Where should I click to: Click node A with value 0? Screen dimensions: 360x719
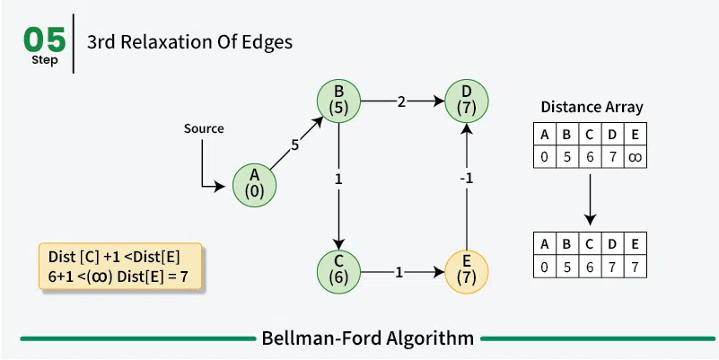click(x=255, y=184)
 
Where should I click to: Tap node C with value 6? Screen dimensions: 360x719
click(x=339, y=271)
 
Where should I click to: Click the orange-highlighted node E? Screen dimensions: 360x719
click(x=466, y=271)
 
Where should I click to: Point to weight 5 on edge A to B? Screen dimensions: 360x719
click(x=294, y=144)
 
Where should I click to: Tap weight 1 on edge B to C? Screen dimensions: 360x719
click(x=338, y=179)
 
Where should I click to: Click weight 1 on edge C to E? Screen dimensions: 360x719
click(x=399, y=271)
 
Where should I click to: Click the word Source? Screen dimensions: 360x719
click(x=204, y=128)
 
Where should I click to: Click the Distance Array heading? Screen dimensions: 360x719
click(x=592, y=107)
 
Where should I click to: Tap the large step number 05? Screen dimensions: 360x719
click(x=45, y=39)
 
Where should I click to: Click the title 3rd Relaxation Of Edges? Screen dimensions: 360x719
click(x=189, y=42)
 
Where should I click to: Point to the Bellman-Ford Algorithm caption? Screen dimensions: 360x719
click(x=367, y=338)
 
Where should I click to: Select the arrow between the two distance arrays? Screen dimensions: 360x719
click(x=590, y=199)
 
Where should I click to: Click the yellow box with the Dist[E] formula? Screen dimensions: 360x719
click(x=122, y=266)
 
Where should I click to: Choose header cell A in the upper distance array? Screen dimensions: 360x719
click(x=543, y=136)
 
